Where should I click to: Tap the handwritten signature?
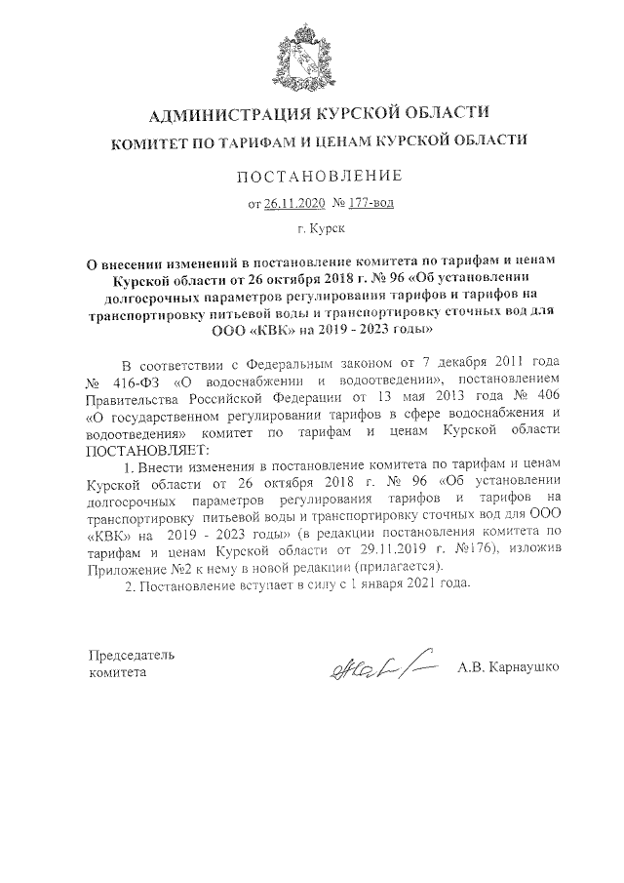pyautogui.click(x=376, y=668)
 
